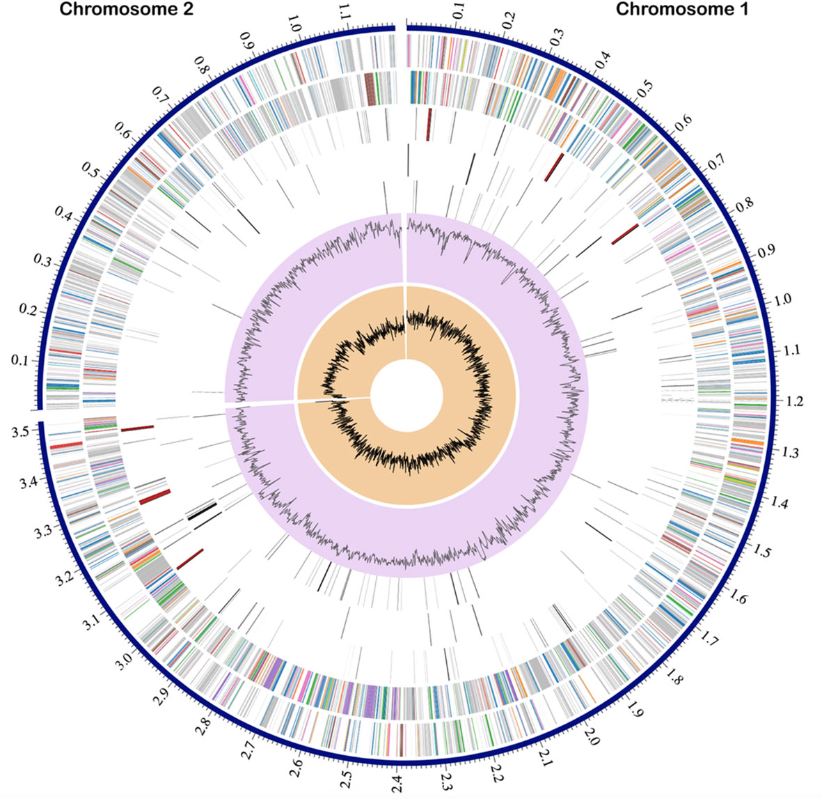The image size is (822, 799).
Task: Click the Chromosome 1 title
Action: (681, 10)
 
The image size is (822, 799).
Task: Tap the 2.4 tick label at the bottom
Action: (397, 783)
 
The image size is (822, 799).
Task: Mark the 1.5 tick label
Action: (764, 552)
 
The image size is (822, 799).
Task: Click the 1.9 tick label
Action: (634, 710)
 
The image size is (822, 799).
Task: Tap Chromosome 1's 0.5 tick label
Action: (645, 88)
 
